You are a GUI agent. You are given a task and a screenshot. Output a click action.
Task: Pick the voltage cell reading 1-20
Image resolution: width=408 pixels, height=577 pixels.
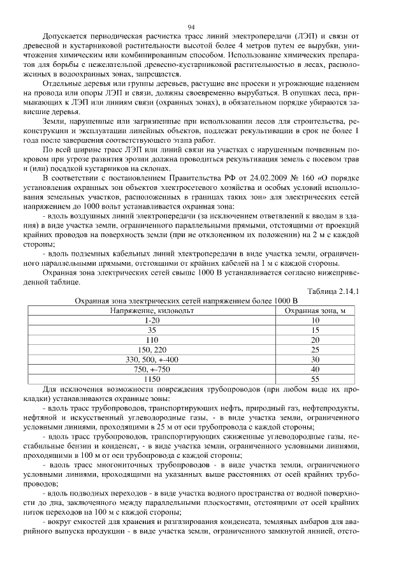[x=151, y=320]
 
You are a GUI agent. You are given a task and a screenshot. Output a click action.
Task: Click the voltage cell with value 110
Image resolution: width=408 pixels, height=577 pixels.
[x=151, y=340]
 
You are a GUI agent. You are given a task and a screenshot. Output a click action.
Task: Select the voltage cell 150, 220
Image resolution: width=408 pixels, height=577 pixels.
[x=151, y=349]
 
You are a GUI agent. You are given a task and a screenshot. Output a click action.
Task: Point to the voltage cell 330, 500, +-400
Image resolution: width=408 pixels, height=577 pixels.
[x=151, y=359]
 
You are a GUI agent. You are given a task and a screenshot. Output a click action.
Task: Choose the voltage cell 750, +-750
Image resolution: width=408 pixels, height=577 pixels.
[x=151, y=369]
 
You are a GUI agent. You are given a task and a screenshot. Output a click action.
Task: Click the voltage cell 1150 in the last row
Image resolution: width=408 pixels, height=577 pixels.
[x=151, y=378]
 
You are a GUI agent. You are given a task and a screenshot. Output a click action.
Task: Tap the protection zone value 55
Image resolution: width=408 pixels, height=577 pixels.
[x=314, y=378]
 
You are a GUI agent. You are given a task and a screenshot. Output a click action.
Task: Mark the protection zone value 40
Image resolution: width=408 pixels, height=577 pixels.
[x=314, y=369]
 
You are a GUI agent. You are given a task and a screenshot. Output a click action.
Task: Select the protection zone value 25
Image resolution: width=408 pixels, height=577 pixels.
[x=314, y=349]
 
